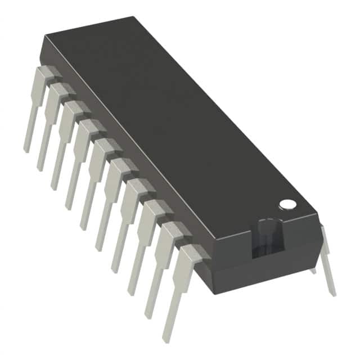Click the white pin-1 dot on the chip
pos(288,204)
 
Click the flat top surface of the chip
pos(180,124)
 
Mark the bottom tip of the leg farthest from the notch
pos(26,150)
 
